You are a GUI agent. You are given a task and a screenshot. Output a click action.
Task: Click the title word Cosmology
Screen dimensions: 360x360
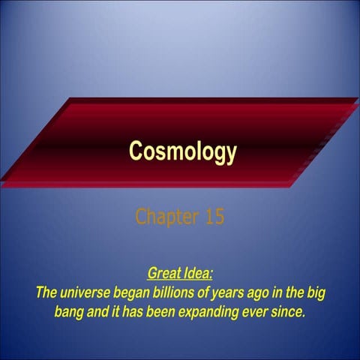point(182,151)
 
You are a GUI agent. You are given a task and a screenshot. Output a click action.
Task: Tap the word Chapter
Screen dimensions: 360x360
point(167,217)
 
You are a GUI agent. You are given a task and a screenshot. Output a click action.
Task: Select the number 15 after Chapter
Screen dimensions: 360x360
point(214,217)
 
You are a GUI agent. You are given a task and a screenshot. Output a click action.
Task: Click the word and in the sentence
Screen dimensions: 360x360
point(100,310)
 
